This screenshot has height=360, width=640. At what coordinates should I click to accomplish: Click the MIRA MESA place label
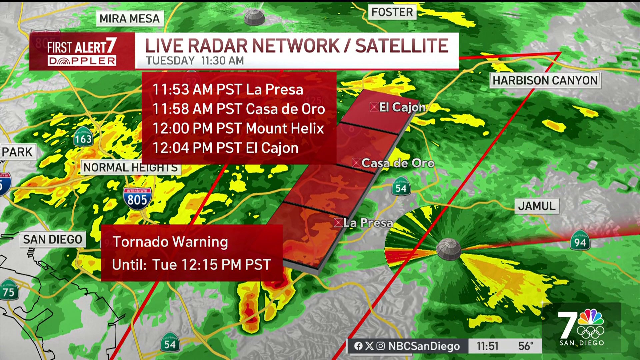(x=130, y=18)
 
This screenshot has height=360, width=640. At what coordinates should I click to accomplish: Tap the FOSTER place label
(x=392, y=12)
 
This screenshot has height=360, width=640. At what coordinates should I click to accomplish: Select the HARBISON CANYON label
(x=545, y=80)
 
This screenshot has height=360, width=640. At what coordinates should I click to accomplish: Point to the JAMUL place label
(x=537, y=206)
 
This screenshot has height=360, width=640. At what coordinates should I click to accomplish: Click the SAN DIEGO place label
(x=52, y=239)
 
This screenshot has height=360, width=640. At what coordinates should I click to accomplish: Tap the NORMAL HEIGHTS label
(x=131, y=167)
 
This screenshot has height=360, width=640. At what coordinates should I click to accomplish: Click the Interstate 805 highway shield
(x=137, y=198)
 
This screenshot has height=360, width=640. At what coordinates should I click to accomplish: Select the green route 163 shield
(x=83, y=137)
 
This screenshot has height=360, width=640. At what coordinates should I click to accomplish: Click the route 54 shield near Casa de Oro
(x=401, y=187)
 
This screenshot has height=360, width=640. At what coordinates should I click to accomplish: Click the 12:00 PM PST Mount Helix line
(x=238, y=128)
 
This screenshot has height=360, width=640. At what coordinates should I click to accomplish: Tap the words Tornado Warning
(x=170, y=242)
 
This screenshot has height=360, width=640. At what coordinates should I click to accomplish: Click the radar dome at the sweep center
(x=448, y=249)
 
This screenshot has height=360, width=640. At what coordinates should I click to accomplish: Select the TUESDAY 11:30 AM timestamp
(x=195, y=61)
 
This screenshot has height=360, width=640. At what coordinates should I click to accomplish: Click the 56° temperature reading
(x=525, y=346)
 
